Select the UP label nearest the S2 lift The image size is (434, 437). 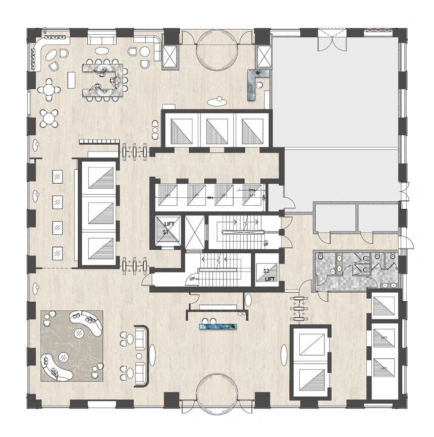[x=266, y=245]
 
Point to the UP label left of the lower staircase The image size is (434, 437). [x=192, y=279]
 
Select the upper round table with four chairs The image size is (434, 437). [x=49, y=89]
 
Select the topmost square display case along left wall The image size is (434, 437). [x=58, y=177]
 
